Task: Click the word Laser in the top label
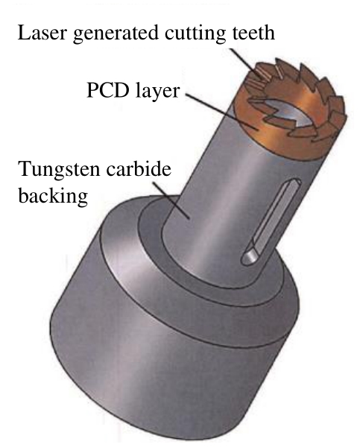(x=42, y=33)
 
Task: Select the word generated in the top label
(x=116, y=34)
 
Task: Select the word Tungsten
(x=59, y=170)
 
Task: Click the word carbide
(x=139, y=169)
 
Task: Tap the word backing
(x=53, y=197)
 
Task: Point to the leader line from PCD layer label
(x=221, y=112)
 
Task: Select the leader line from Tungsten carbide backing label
(x=171, y=200)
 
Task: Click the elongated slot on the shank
(x=271, y=221)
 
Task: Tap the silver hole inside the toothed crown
(x=288, y=112)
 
